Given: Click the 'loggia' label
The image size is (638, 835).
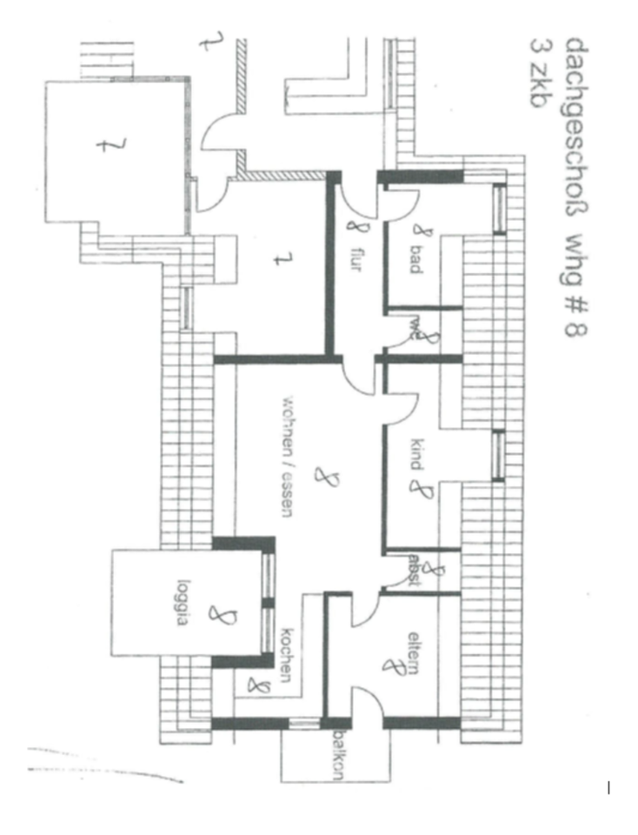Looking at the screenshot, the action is (183, 597).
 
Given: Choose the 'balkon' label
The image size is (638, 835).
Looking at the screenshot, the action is (336, 755).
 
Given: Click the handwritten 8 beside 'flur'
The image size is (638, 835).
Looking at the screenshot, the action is (352, 230).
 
